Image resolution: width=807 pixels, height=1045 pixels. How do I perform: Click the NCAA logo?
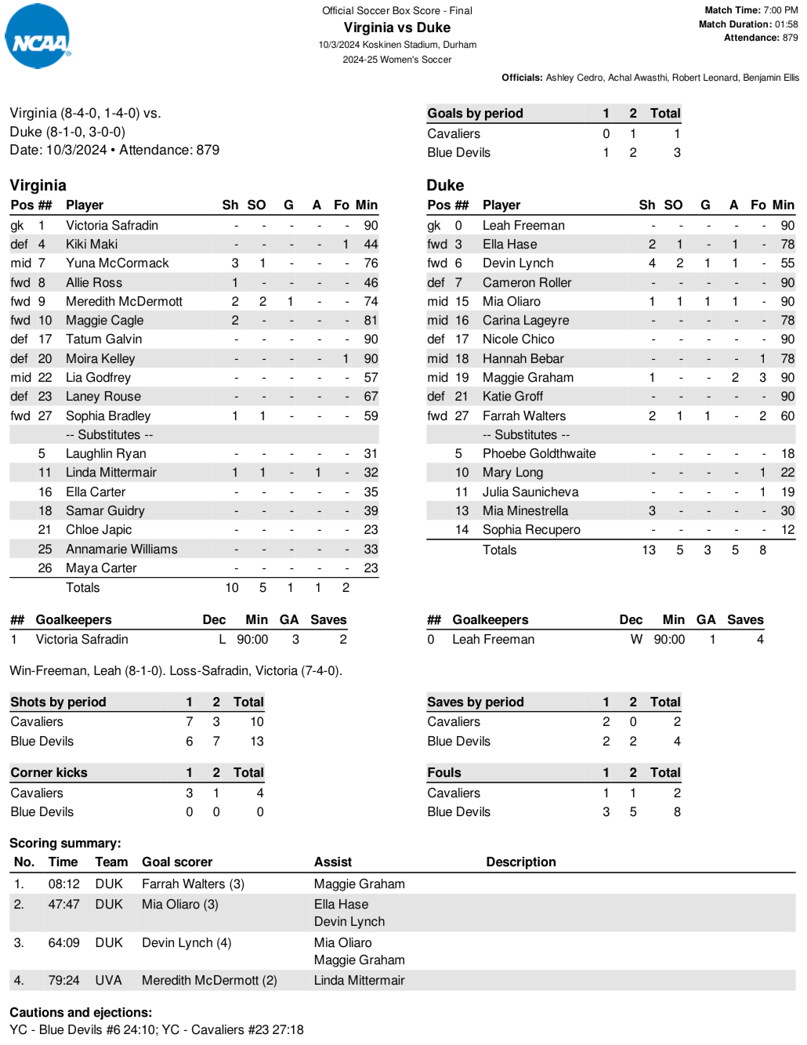(x=38, y=37)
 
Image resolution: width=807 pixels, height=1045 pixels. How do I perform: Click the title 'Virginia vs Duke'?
(x=396, y=27)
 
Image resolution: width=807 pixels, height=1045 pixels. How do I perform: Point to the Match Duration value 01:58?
(x=786, y=24)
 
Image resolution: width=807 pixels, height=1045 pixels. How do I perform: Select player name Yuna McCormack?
(x=117, y=263)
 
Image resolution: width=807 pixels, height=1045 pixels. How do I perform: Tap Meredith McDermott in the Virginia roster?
(x=124, y=302)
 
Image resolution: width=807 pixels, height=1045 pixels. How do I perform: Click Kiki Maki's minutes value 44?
(x=371, y=245)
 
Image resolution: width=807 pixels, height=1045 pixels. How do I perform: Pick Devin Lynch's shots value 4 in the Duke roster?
(x=652, y=263)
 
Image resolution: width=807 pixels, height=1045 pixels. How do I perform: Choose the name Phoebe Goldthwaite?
(x=538, y=454)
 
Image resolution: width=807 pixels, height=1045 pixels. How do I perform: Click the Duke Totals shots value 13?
(x=649, y=550)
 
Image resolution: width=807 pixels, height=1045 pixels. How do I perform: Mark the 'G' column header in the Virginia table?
(x=288, y=205)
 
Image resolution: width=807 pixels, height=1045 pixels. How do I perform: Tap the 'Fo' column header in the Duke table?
(x=758, y=205)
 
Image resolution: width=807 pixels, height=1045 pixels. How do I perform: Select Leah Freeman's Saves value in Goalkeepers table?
(x=759, y=640)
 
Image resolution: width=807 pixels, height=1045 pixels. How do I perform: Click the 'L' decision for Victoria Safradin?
(x=223, y=640)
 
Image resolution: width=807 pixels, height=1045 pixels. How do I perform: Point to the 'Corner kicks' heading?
(x=49, y=773)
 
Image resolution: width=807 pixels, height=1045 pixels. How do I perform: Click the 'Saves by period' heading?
(x=475, y=702)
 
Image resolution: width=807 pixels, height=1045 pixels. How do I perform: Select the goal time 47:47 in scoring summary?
(x=63, y=905)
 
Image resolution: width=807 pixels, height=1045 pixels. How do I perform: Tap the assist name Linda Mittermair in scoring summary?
(x=359, y=981)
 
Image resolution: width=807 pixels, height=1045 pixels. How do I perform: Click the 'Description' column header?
(x=520, y=862)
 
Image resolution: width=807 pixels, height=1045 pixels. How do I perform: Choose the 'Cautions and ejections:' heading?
(x=81, y=1013)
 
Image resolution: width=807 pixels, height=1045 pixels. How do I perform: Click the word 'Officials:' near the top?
(x=522, y=78)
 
